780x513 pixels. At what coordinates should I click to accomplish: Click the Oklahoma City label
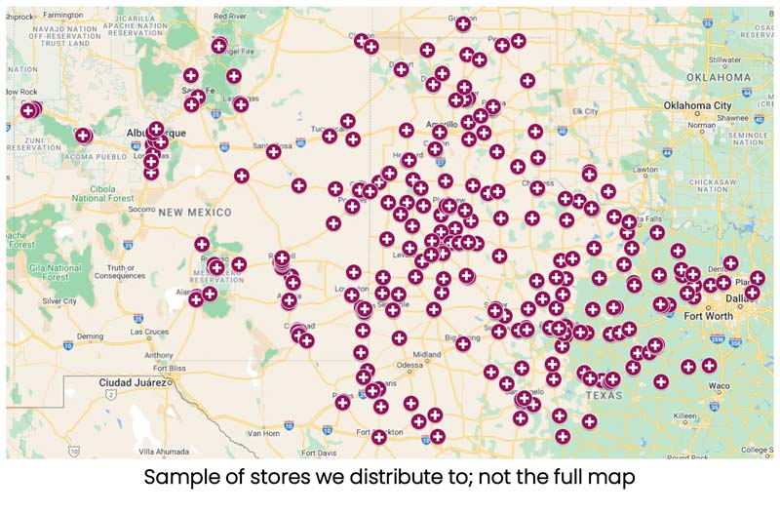point(696,105)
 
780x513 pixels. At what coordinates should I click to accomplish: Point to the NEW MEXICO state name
point(195,212)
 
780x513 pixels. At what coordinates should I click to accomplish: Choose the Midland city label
point(426,353)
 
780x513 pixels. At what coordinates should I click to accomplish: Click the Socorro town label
point(141,209)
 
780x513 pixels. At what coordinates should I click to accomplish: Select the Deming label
point(90,335)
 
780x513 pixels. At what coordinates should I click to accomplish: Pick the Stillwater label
point(724,59)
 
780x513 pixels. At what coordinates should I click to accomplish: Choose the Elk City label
point(585,111)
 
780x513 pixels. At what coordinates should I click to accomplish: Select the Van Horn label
point(262,433)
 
